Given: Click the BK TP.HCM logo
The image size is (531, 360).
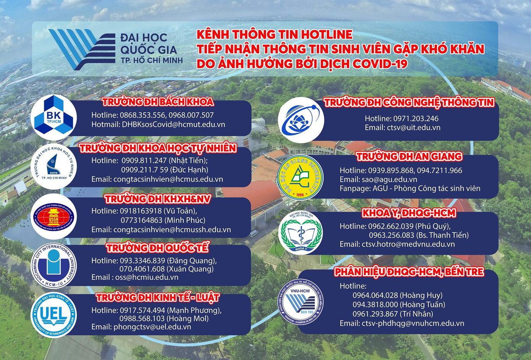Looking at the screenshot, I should tap(53, 118).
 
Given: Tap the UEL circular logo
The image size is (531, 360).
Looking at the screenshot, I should tap(53, 315).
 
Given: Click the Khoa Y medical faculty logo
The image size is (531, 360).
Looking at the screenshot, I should tap(301, 233).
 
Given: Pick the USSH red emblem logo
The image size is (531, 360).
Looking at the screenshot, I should tap(53, 216).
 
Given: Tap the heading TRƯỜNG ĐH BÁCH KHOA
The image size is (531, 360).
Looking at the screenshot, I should tap(158, 102).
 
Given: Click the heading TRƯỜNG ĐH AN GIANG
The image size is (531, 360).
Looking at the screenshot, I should tap(409, 157).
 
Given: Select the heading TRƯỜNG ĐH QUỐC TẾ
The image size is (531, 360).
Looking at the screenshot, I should tap(157, 248).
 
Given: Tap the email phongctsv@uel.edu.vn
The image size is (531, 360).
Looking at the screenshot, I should tap(152, 327).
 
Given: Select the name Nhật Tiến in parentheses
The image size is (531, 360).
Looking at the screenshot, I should tap(188, 160).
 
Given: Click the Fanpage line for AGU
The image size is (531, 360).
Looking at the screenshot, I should tap(410, 188).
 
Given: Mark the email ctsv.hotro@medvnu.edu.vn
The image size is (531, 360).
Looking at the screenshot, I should tap(408, 244).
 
